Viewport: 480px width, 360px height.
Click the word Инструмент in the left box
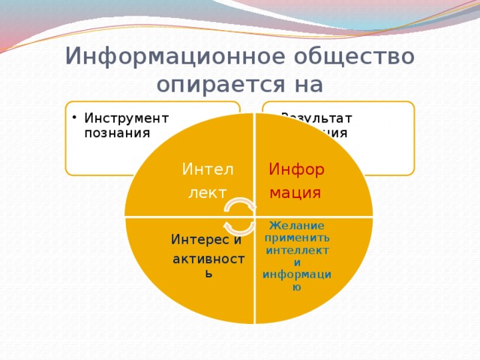[127, 118]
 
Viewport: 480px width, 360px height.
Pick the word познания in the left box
[118, 132]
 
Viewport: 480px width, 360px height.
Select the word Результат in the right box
[316, 118]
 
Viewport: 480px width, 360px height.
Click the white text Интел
[208, 169]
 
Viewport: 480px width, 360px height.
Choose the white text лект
[207, 193]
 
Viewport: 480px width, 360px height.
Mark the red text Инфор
[296, 169]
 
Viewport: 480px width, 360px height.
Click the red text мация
[295, 193]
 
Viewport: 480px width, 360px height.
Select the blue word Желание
[296, 226]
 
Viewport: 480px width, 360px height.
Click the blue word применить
[297, 238]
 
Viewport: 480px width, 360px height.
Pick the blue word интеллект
[297, 250]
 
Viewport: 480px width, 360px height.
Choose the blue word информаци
[297, 274]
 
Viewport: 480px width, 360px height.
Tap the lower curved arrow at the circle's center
[239, 226]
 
